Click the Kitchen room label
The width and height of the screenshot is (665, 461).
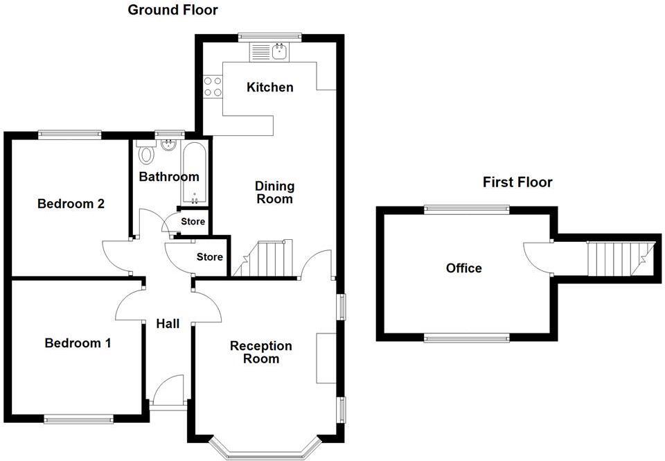pos(270,87)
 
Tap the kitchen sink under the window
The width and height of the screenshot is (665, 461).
pos(281,51)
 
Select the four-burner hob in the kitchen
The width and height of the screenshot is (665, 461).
pos(213,86)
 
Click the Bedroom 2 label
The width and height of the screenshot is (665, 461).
pos(71,204)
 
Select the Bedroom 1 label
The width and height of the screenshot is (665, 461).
pos(78,343)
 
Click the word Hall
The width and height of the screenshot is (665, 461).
pos(168,324)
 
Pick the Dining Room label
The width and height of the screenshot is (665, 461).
pos(274,193)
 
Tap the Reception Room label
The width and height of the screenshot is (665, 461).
pos(261,352)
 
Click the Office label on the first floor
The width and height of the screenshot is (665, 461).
pos(464,268)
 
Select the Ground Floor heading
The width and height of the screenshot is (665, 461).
pos(172,10)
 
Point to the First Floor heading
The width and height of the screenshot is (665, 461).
pos(517,182)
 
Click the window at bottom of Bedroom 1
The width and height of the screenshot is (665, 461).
pos(78,418)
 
